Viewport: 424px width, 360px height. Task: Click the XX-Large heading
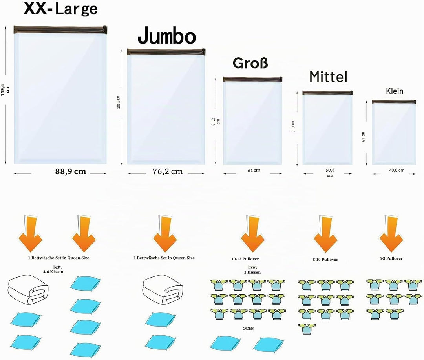(x=60, y=9)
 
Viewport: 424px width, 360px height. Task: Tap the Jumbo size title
(x=166, y=36)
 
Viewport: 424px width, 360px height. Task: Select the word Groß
(x=250, y=63)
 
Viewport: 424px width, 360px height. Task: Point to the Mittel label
(x=328, y=77)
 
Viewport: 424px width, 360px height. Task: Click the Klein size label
(x=395, y=91)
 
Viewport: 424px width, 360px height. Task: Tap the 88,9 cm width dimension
(x=71, y=171)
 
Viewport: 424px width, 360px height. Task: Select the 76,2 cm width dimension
(x=168, y=171)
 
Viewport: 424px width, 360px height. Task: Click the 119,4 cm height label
(x=5, y=89)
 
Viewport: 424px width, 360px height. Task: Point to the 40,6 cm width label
(x=397, y=170)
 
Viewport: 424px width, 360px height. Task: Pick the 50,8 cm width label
(x=330, y=173)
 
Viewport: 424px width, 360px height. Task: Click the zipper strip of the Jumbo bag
(x=166, y=52)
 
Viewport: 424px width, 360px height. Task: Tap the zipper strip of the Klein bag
(x=394, y=102)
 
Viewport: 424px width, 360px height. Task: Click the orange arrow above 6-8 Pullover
(x=391, y=234)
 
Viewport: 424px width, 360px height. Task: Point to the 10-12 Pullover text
(x=245, y=259)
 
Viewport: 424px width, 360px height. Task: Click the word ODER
(x=248, y=328)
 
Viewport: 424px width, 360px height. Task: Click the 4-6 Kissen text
(x=53, y=272)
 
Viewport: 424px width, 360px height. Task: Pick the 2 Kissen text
(x=252, y=272)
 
